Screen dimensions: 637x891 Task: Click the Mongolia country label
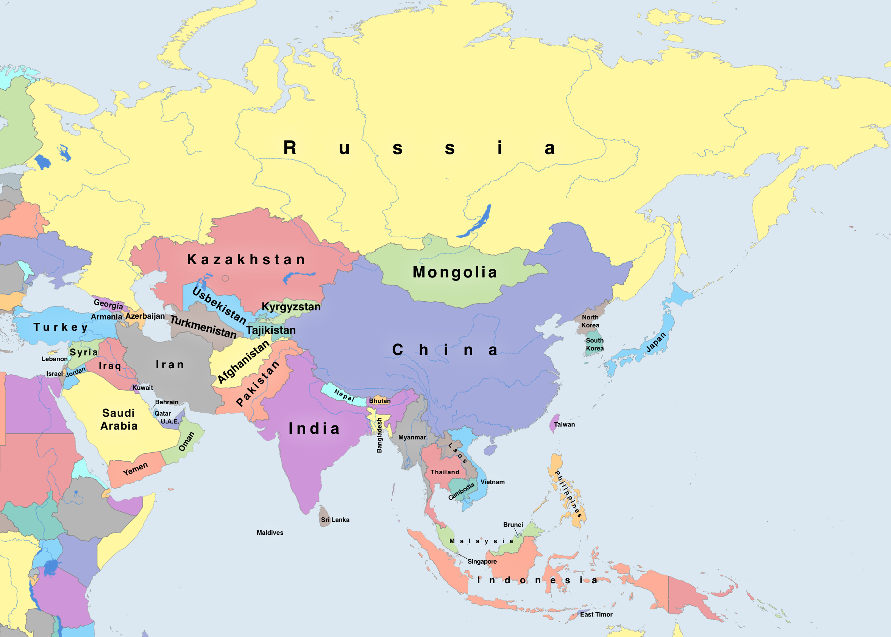pyautogui.click(x=455, y=272)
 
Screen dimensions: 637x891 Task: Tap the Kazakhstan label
pyautogui.click(x=246, y=259)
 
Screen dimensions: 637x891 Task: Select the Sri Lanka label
pyautogui.click(x=335, y=520)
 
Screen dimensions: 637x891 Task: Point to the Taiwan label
pyautogui.click(x=564, y=424)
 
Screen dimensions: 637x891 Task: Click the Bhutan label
pyautogui.click(x=379, y=401)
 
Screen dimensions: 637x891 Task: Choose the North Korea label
pyautogui.click(x=590, y=321)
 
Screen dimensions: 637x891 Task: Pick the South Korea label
pyautogui.click(x=595, y=344)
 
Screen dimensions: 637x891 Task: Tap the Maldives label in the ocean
pyautogui.click(x=270, y=533)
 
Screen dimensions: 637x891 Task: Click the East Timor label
pyautogui.click(x=596, y=614)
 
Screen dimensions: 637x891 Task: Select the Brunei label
pyautogui.click(x=513, y=525)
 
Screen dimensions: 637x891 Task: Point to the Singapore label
pyautogui.click(x=482, y=561)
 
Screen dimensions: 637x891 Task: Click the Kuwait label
pyautogui.click(x=142, y=388)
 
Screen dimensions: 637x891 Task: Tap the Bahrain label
pyautogui.click(x=167, y=402)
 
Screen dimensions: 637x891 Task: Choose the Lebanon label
pyautogui.click(x=55, y=359)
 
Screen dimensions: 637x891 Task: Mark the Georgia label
pyautogui.click(x=108, y=304)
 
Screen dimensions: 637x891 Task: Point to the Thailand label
pyautogui.click(x=445, y=472)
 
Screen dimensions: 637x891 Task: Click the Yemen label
pyautogui.click(x=135, y=469)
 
